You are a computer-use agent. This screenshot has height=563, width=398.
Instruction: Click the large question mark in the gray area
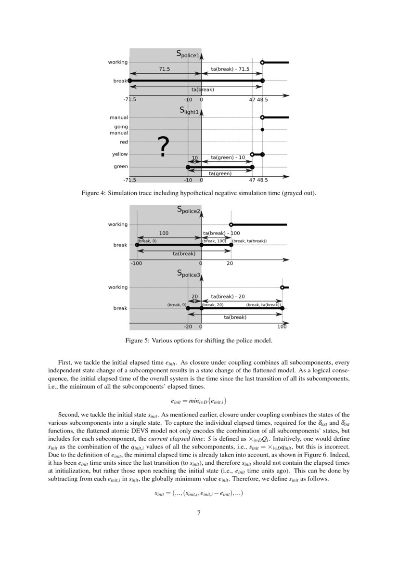coord(164,147)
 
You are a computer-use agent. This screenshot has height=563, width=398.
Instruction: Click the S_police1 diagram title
coord(188,54)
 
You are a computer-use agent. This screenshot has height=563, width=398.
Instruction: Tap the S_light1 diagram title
coord(189,110)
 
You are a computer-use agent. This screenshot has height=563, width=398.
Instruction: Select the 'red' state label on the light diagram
coord(124,142)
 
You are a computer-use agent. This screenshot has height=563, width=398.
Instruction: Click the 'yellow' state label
coord(120,154)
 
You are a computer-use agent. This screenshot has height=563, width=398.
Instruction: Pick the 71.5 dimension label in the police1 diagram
coord(165,69)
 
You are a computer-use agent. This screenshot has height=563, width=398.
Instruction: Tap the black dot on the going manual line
coord(262,130)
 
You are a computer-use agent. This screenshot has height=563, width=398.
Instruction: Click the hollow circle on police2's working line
coord(231,224)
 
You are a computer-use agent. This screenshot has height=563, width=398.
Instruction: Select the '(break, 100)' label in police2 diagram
coord(215,241)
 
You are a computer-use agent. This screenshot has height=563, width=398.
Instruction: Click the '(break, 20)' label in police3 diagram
coord(213,304)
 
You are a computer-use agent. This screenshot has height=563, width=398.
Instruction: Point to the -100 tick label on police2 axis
coord(136,263)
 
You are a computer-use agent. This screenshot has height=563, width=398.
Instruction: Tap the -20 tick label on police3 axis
coord(188,327)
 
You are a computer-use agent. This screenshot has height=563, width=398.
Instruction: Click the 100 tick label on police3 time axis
coord(282,327)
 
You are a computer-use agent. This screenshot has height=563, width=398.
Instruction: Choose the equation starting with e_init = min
coord(199,401)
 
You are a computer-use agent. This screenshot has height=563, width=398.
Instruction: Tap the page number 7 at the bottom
coord(199,512)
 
